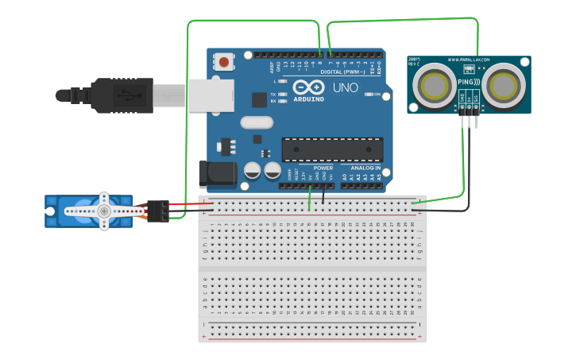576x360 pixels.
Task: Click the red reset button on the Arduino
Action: [x=225, y=61]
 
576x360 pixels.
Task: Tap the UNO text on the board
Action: [x=345, y=87]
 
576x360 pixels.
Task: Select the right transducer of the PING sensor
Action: [x=504, y=83]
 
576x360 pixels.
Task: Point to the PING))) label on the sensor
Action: [x=469, y=82]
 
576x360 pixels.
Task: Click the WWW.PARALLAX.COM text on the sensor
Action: [x=469, y=60]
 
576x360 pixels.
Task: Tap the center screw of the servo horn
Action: [x=103, y=211]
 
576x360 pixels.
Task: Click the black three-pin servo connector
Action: [x=157, y=211]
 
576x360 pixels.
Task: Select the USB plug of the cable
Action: [x=119, y=95]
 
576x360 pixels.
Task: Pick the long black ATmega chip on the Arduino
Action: [x=332, y=149]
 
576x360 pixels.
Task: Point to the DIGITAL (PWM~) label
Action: [x=342, y=72]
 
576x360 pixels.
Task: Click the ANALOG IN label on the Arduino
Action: [x=365, y=168]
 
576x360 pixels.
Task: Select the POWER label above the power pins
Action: [x=323, y=168]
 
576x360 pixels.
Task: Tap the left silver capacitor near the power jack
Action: [x=253, y=170]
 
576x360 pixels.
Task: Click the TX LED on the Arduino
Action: [x=281, y=93]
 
